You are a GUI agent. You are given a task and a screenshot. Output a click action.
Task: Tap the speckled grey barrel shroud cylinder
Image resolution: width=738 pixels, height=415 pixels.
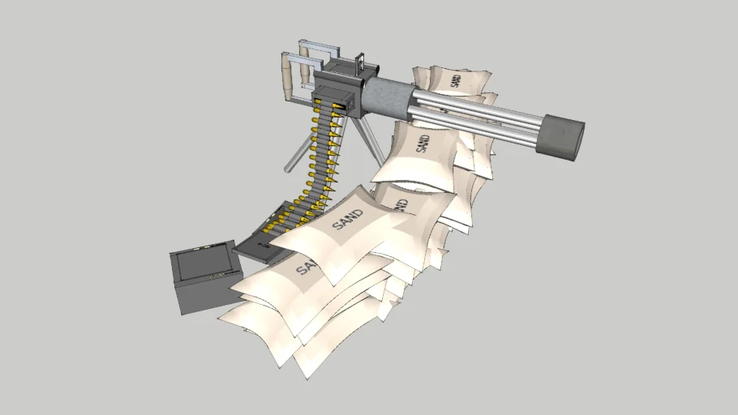(x=390, y=96)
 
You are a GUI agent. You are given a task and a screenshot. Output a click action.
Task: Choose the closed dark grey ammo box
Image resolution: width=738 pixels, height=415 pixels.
(x=203, y=277)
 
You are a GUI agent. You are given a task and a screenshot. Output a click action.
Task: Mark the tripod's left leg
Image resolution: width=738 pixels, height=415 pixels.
(x=297, y=154)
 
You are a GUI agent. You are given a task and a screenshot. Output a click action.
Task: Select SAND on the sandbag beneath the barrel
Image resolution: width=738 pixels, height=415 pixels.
(x=423, y=141)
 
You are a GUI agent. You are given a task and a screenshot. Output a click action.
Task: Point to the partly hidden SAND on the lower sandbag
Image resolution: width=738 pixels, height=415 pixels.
(x=307, y=265)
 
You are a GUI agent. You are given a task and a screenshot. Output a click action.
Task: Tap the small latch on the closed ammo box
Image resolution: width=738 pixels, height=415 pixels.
(x=216, y=276)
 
